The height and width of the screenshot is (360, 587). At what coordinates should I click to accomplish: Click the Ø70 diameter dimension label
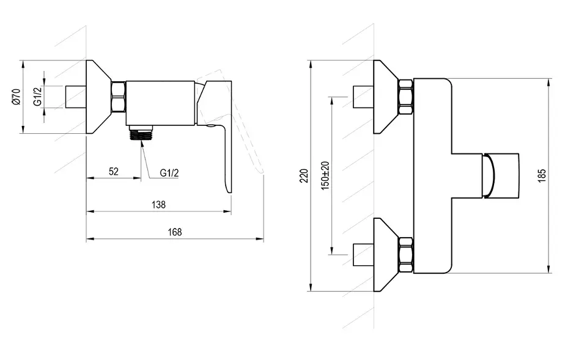pos(17,97)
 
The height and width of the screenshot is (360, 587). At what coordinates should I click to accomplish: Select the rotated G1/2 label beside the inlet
pos(37,97)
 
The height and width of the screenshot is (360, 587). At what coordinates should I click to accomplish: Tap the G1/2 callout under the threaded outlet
pos(169,173)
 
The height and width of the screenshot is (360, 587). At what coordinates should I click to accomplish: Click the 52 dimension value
pos(114,171)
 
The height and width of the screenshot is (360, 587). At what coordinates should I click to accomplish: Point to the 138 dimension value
pos(158,205)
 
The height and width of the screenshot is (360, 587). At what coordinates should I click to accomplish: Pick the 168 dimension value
pos(174,232)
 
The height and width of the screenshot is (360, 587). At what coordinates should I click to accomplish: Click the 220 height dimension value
pos(305,176)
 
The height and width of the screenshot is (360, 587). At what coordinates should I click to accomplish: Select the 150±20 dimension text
pos(325,176)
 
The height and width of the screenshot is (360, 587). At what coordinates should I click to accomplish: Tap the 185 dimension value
pos(542,176)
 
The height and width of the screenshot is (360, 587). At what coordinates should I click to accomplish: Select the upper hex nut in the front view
pos(405,97)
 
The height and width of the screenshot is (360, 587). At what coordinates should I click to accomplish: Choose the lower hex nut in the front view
pos(405,255)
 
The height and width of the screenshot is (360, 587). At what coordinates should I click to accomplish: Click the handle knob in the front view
pos(501,175)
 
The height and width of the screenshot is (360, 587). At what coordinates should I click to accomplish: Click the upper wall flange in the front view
pos(386,97)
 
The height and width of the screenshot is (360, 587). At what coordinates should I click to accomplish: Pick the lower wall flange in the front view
pos(386,255)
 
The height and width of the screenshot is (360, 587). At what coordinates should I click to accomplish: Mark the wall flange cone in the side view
pos(99,97)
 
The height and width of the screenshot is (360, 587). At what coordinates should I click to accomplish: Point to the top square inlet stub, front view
pos(363,97)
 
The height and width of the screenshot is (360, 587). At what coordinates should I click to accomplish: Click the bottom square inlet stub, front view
pos(363,255)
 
